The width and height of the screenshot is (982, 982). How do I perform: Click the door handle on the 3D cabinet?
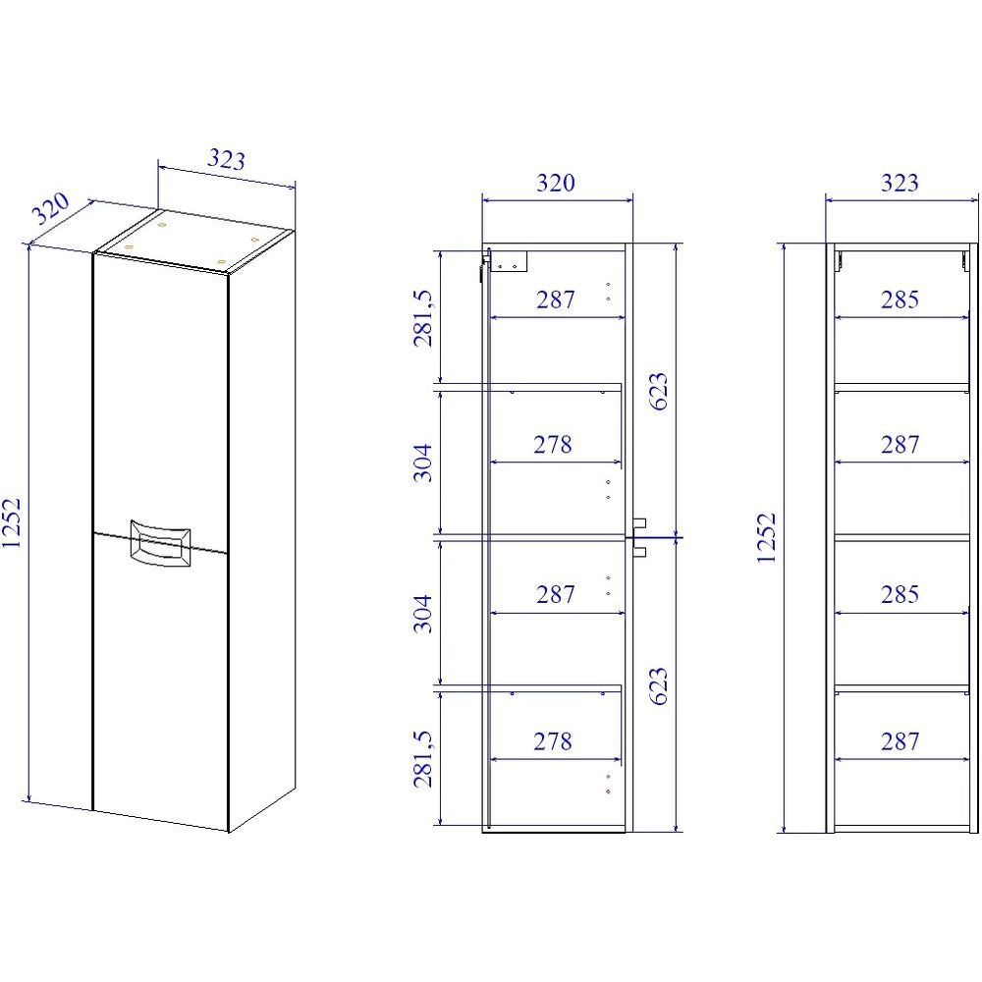point(160,542)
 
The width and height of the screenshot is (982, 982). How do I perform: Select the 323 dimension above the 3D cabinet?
point(226,159)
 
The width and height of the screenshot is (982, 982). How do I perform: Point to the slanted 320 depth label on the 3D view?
point(51,208)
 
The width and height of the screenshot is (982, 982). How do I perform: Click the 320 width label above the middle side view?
point(556,183)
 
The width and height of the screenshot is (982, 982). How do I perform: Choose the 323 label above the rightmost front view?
point(900,183)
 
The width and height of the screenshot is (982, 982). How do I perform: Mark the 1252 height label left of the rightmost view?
point(766,538)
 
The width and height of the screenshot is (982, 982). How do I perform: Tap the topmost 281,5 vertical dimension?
point(422,317)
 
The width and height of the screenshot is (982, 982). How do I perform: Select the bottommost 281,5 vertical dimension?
point(422,758)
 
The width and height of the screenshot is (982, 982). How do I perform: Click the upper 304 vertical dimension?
point(422,463)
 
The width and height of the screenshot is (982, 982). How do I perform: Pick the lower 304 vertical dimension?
point(422,614)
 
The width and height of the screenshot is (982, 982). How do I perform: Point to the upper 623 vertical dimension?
point(658,392)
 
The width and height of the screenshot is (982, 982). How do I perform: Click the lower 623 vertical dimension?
point(658,686)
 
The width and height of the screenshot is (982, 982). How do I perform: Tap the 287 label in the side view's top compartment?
point(556,300)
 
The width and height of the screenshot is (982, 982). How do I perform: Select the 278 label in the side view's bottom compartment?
point(553,741)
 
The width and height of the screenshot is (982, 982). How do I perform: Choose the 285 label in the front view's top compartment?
point(900,300)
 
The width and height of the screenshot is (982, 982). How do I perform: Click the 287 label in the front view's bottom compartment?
point(900,741)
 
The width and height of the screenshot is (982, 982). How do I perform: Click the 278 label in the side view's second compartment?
point(553,445)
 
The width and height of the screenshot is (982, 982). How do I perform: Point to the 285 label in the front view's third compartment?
point(900,594)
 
